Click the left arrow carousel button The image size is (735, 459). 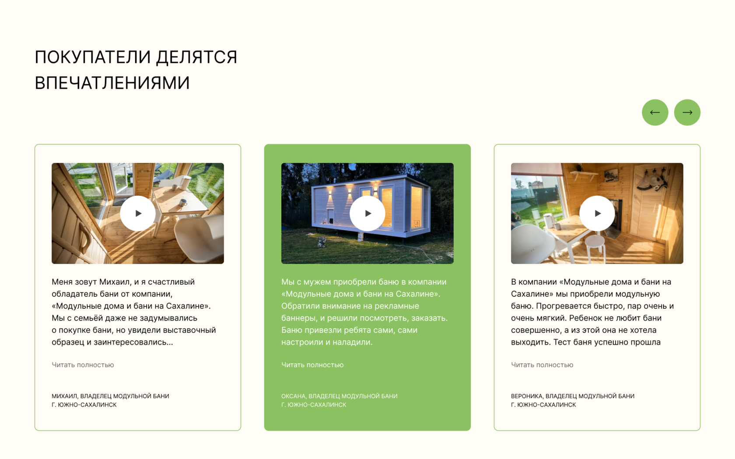(x=655, y=112)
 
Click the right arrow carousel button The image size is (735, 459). (x=687, y=112)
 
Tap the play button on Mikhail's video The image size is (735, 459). (x=138, y=213)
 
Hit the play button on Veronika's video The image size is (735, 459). (x=597, y=213)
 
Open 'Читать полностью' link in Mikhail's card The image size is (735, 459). (x=83, y=365)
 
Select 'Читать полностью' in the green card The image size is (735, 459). (x=312, y=365)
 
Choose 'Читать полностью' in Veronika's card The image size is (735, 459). (x=542, y=365)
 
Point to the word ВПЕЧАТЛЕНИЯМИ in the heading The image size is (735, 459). (x=112, y=82)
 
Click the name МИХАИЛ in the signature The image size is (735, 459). (x=64, y=396)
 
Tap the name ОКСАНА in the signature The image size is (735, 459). (x=293, y=396)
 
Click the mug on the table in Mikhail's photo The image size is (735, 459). (x=183, y=203)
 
